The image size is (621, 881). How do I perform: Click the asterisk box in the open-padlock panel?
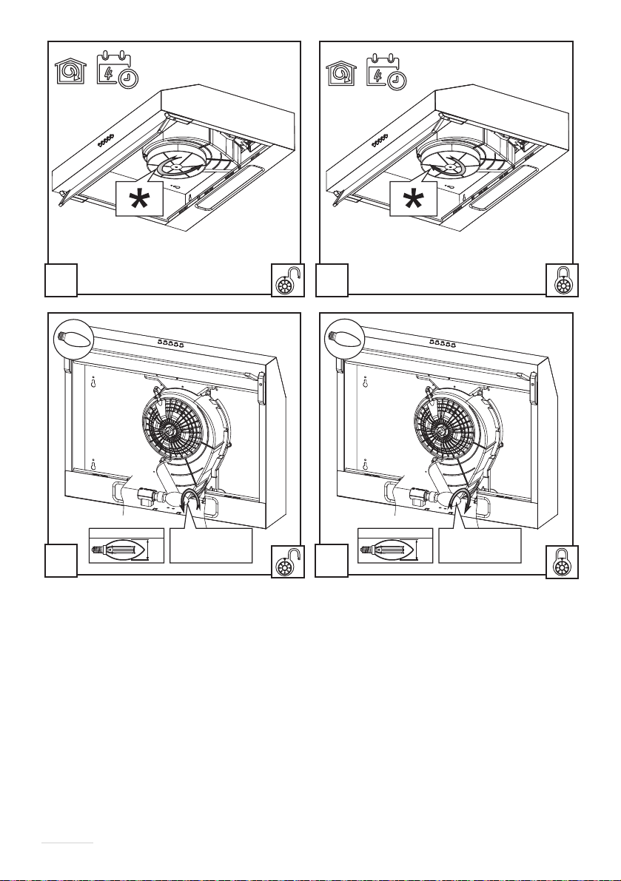coord(138,198)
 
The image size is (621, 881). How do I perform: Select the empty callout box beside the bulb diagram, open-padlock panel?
coord(212,545)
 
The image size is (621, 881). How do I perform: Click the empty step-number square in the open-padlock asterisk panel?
coord(60,281)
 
